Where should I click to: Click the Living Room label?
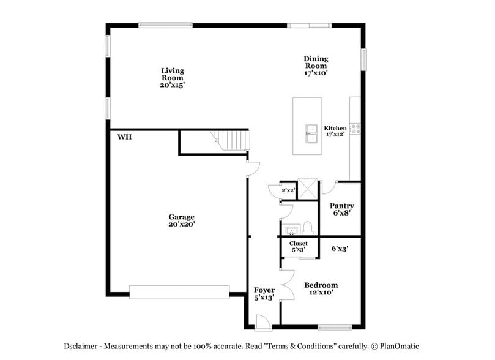[173, 78]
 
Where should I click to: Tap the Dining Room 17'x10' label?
[316, 66]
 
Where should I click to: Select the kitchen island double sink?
[311, 133]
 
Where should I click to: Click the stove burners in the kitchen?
[355, 129]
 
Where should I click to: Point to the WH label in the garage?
[124, 137]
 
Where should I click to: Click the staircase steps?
[233, 140]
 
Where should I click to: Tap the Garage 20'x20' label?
[182, 220]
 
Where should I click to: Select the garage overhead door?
[179, 292]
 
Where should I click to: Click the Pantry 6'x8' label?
[342, 209]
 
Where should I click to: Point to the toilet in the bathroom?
[307, 228]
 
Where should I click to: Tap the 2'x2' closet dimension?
[288, 190]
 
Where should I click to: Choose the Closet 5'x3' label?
[299, 246]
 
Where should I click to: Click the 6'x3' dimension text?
[340, 249]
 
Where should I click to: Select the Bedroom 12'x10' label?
[321, 288]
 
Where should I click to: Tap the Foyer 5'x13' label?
[264, 294]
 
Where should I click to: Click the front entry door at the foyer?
[263, 323]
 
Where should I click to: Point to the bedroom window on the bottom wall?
[335, 328]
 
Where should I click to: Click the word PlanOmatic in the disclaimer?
[400, 346]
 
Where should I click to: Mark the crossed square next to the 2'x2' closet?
[308, 189]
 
